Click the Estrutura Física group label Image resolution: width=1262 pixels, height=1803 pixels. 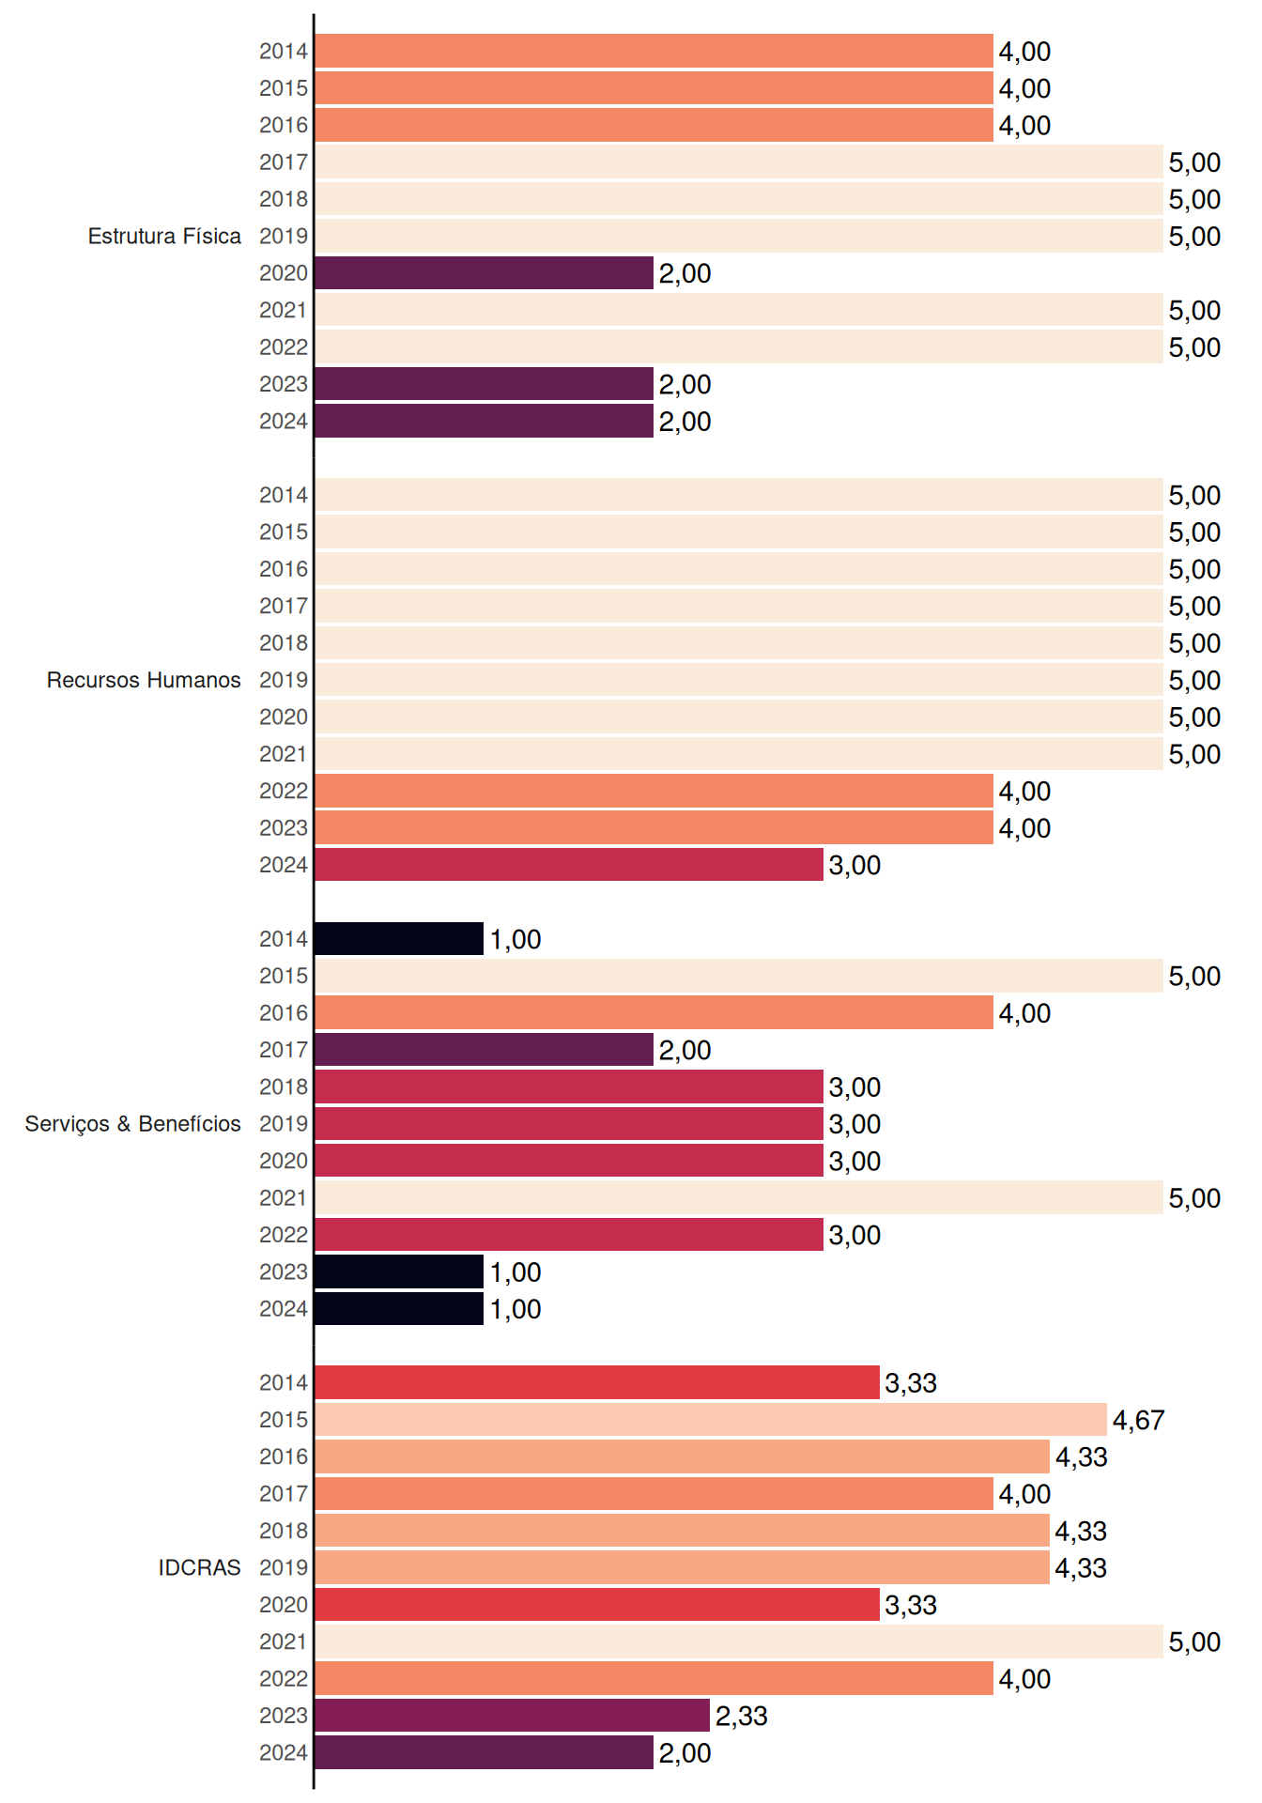pyautogui.click(x=164, y=236)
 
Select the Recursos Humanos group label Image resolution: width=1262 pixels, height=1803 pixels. pyautogui.click(x=144, y=680)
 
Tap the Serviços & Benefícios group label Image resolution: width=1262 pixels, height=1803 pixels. pyautogui.click(x=132, y=1124)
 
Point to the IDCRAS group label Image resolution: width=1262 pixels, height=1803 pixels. pyautogui.click(x=199, y=1567)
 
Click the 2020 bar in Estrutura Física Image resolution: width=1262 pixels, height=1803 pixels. pyautogui.click(x=484, y=273)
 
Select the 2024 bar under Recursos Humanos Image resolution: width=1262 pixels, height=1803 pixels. pyautogui.click(x=569, y=865)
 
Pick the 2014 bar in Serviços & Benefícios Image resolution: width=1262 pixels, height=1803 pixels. pyautogui.click(x=399, y=939)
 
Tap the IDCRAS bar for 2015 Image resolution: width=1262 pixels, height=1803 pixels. pyautogui.click(x=711, y=1420)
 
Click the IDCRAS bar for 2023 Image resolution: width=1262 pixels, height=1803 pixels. pyautogui.click(x=512, y=1716)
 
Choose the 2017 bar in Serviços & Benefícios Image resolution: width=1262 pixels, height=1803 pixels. pyautogui.click(x=484, y=1050)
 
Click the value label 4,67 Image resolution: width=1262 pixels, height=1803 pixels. pyautogui.click(x=1138, y=1420)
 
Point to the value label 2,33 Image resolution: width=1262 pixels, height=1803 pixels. pyautogui.click(x=742, y=1716)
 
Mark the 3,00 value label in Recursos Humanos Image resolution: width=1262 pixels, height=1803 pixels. pyautogui.click(x=854, y=865)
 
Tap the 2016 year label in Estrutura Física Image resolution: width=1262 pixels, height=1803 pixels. pyautogui.click(x=284, y=125)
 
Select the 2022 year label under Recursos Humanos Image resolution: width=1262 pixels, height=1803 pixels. pyautogui.click(x=284, y=791)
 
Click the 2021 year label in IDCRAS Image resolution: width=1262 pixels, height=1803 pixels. pyautogui.click(x=284, y=1641)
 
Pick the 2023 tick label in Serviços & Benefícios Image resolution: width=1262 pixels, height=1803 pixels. pyautogui.click(x=284, y=1271)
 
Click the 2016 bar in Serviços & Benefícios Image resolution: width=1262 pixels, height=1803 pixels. pyautogui.click(x=654, y=1013)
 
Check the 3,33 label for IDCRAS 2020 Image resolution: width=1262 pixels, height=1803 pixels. pyautogui.click(x=911, y=1605)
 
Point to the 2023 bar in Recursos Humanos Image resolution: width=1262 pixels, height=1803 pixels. pyautogui.click(x=654, y=828)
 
